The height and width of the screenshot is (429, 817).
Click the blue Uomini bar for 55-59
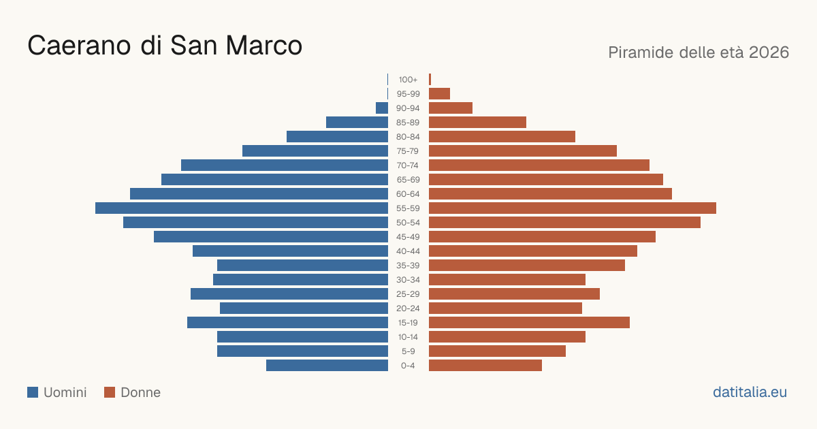[242, 208]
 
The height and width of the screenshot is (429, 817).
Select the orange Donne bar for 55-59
[573, 208]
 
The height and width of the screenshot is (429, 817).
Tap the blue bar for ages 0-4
[327, 365]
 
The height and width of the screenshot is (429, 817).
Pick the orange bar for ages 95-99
[440, 94]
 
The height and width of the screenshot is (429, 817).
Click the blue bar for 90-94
[382, 108]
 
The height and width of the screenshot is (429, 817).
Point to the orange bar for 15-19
[529, 323]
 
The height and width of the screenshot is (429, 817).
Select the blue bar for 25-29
[289, 293]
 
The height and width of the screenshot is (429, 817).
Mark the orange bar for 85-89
[477, 122]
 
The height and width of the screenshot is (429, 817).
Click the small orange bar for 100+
[430, 80]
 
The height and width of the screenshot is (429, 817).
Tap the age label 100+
[408, 80]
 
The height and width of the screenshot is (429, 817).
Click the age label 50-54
[408, 223]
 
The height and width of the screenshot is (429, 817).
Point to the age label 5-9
[408, 351]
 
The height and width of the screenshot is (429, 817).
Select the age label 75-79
[408, 151]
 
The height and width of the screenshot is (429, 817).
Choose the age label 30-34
[408, 280]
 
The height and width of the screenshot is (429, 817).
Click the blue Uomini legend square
[33, 392]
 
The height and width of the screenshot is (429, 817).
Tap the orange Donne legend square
[110, 392]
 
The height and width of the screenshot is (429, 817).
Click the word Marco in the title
[263, 46]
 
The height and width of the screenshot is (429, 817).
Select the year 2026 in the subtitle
[769, 52]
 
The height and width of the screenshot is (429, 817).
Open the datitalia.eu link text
[750, 392]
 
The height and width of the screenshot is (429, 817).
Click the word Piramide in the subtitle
[641, 52]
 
